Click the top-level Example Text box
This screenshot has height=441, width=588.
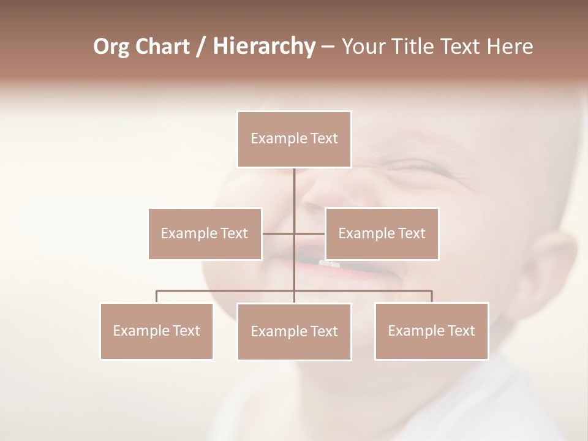pyautogui.click(x=294, y=139)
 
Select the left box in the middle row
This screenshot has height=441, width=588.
pyautogui.click(x=205, y=233)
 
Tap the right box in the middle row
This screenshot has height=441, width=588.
pyautogui.click(x=382, y=233)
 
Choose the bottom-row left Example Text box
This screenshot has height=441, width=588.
pyautogui.click(x=156, y=331)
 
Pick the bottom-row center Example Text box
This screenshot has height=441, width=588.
pyautogui.click(x=294, y=331)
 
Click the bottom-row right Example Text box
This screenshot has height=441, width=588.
pyautogui.click(x=431, y=331)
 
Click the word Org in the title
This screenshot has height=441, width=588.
pyautogui.click(x=110, y=47)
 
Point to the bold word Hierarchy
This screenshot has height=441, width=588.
pyautogui.click(x=263, y=47)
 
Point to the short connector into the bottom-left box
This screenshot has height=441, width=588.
pyautogui.click(x=156, y=296)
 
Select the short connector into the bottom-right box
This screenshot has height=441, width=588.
pyautogui.click(x=432, y=296)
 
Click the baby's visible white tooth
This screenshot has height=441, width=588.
pyautogui.click(x=329, y=263)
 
